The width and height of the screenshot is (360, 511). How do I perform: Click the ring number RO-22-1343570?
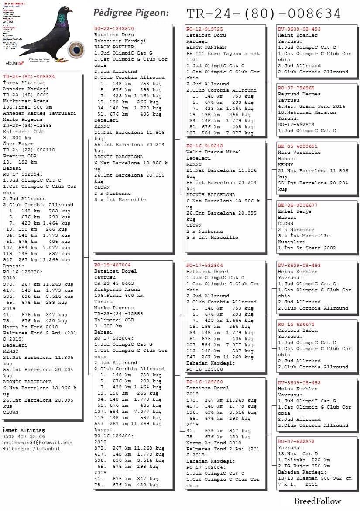[x=114, y=29]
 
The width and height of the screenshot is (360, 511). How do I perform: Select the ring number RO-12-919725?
[x=205, y=29]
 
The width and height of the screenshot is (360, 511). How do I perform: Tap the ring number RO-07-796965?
[x=296, y=88]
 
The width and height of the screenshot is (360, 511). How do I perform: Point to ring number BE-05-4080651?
[x=298, y=146]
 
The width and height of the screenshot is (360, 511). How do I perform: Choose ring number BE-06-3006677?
[x=298, y=205]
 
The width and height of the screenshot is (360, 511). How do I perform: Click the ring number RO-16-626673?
[x=296, y=324]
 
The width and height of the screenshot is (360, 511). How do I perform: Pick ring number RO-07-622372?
[x=296, y=441]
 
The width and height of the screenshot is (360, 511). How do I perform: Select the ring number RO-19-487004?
[x=113, y=265]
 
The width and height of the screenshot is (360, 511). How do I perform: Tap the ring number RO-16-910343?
[x=205, y=146]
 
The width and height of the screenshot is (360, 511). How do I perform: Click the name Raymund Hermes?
[x=298, y=94]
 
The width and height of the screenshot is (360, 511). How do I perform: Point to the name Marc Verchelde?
[x=299, y=153]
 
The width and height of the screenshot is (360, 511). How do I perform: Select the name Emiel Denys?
[x=295, y=211]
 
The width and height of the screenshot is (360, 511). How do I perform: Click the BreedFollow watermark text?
[x=318, y=501]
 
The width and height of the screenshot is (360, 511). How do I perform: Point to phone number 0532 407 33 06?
[x=24, y=436]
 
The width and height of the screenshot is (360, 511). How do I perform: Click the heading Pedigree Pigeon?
[x=131, y=13]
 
